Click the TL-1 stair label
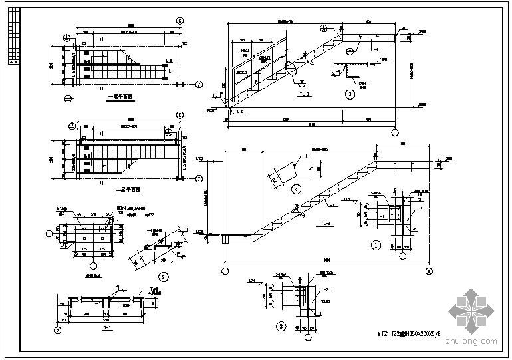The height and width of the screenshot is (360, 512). pos(303,94)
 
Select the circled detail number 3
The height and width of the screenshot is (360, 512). pos(350,93)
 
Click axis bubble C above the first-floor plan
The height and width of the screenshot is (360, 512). pos(180,21)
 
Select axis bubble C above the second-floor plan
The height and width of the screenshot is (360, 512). pos(180,114)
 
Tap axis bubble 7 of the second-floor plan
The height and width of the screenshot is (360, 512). pos(199,178)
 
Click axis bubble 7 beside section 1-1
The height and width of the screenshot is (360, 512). pos(58,329)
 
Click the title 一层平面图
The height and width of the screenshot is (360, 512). pos(120,96)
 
